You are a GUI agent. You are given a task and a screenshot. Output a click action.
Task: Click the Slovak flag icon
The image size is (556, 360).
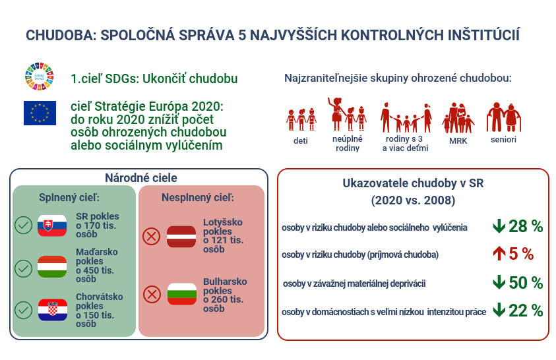pyautogui.click(x=52, y=225)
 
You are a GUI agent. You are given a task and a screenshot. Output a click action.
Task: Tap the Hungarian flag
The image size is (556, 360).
pyautogui.click(x=52, y=266)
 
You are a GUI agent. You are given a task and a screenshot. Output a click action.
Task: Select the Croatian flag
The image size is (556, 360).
pyautogui.click(x=53, y=310)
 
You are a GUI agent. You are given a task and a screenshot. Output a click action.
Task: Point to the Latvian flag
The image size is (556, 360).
pyautogui.click(x=181, y=236)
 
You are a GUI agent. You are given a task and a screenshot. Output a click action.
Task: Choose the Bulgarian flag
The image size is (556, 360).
pyautogui.click(x=182, y=294)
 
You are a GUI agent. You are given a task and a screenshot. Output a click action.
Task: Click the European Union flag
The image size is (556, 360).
pyautogui.click(x=40, y=113)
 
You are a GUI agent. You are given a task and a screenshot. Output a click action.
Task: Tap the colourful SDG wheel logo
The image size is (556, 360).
pyautogui.click(x=40, y=76)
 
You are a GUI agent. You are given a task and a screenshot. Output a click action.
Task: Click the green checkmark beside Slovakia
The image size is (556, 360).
pyautogui.click(x=23, y=225)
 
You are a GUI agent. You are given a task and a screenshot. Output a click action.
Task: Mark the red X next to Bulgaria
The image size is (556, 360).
pyautogui.click(x=152, y=294)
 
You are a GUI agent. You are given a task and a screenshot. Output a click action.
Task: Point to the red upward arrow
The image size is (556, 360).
pyautogui.click(x=499, y=254)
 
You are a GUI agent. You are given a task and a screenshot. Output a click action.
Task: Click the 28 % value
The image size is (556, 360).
pyautogui.click(x=526, y=226)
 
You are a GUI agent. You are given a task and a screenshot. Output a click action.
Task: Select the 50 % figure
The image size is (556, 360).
pyautogui.click(x=526, y=283)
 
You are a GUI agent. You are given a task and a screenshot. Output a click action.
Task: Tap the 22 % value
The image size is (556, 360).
pyautogui.click(x=526, y=311)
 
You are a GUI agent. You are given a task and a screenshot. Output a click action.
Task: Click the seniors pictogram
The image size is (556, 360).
pyautogui.click(x=504, y=117)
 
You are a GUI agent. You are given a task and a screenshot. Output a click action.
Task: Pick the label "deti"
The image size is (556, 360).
pyautogui.click(x=300, y=140)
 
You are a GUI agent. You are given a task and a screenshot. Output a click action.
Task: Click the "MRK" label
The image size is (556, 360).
pyautogui.click(x=458, y=140)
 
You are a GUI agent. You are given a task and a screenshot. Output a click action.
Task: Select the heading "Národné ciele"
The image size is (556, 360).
pyautogui.click(x=140, y=177)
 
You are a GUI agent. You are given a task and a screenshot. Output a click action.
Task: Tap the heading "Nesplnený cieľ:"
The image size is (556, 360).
pyautogui.click(x=198, y=197)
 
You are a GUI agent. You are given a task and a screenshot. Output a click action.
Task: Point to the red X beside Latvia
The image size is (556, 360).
pyautogui.click(x=152, y=236)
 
